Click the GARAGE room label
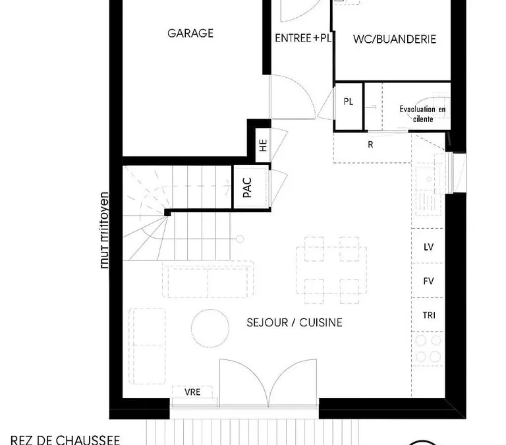(x=190, y=33)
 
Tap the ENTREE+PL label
(x=303, y=38)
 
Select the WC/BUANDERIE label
(x=395, y=39)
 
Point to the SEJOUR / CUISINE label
(x=295, y=322)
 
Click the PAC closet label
(x=247, y=188)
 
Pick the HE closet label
(x=264, y=145)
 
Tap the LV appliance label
(x=428, y=247)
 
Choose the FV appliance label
(x=428, y=282)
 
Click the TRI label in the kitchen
(x=429, y=315)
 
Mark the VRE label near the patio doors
(x=192, y=392)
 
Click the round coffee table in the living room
(x=210, y=328)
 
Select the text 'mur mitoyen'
(x=104, y=230)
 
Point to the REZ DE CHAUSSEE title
(x=65, y=440)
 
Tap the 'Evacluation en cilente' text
(x=423, y=114)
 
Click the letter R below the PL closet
(x=370, y=144)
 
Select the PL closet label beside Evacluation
(x=348, y=102)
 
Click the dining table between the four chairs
(x=331, y=270)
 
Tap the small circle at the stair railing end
(x=240, y=239)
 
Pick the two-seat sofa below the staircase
(x=208, y=280)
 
